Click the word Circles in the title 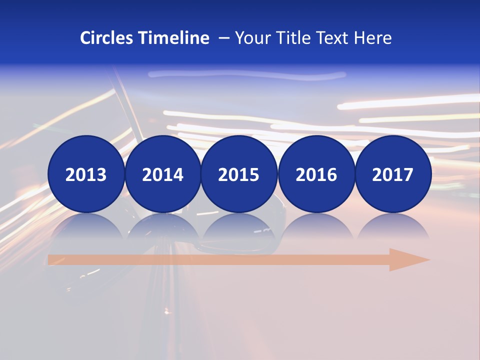pos(106,38)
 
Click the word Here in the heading pos(373,38)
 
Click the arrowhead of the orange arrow pos(407,260)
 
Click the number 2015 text pos(239,175)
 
